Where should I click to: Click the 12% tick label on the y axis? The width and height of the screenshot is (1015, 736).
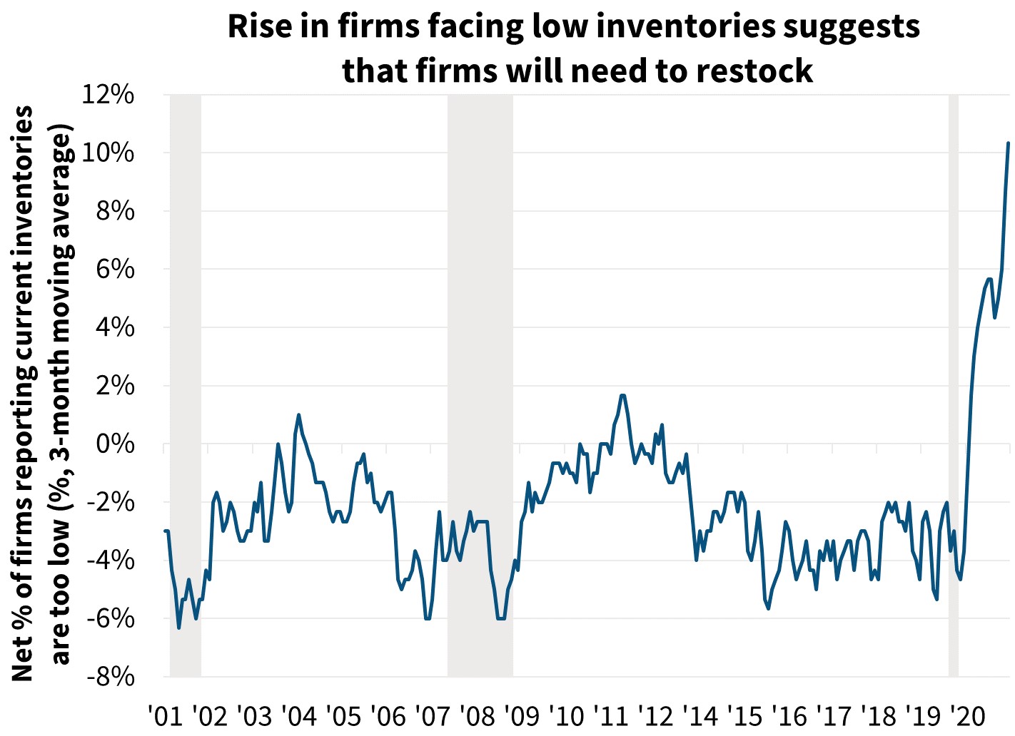(108, 95)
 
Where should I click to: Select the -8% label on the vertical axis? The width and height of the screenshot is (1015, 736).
(111, 677)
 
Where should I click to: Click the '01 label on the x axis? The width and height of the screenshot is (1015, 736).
(163, 715)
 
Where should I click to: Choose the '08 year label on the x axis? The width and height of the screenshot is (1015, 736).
(477, 715)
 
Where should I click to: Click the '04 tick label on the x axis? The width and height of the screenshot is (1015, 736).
(298, 715)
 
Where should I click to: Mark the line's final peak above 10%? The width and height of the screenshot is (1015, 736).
(1008, 143)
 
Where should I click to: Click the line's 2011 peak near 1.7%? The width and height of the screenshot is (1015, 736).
(622, 395)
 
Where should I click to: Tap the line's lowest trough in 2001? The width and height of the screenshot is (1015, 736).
(178, 628)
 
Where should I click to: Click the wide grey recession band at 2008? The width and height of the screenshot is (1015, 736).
(480, 385)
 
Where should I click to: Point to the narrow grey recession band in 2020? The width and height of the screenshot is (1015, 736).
(953, 385)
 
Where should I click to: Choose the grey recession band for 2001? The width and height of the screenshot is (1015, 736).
(185, 385)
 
